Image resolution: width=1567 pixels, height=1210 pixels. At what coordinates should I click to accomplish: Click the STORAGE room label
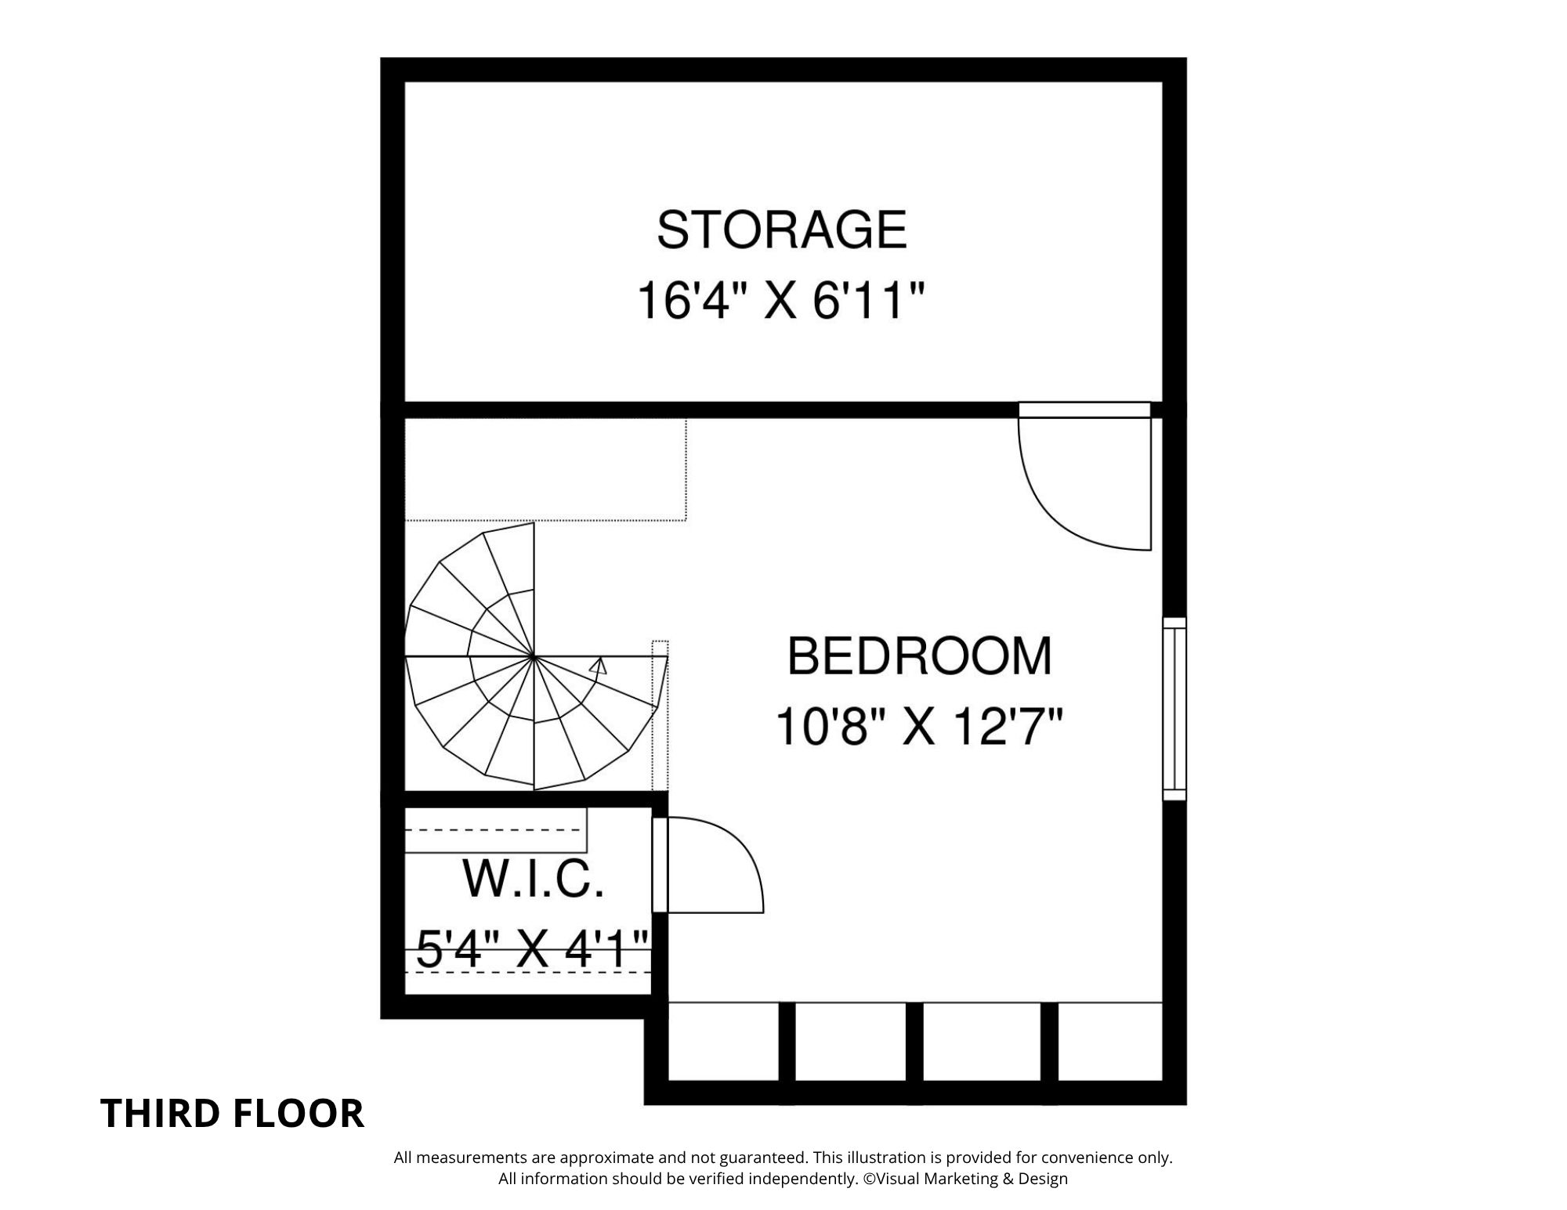781,229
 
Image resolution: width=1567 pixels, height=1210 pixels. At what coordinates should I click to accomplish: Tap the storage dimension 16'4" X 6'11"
781,301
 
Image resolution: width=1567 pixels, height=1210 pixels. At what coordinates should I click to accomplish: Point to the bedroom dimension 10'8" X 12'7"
919,727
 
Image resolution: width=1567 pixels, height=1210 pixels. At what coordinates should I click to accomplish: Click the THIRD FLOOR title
233,1114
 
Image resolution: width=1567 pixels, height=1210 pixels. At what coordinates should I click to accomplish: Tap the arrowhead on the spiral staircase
599,666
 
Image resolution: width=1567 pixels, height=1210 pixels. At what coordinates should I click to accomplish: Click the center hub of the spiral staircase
534,656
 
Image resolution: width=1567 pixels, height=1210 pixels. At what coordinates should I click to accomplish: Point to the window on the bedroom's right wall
1174,709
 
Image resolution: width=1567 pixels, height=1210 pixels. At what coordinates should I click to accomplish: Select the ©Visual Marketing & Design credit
965,1179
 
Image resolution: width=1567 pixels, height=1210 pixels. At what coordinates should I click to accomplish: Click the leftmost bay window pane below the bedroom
723,1042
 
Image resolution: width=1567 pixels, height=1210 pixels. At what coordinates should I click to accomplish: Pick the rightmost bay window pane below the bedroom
1109,1042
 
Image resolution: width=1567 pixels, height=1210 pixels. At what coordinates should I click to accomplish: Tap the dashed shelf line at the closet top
495,829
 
